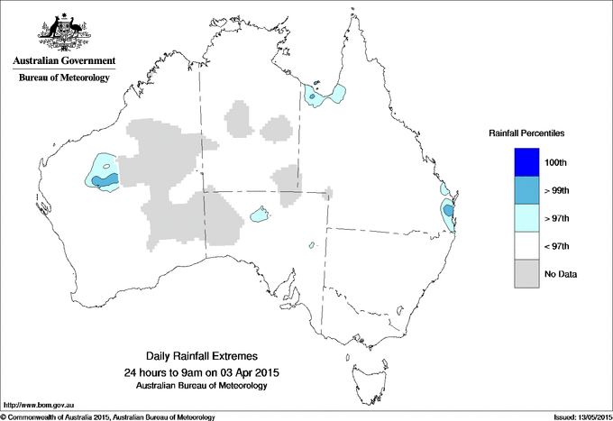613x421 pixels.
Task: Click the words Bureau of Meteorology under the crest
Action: tap(64, 78)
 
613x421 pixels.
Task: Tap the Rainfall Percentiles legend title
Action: tap(526, 133)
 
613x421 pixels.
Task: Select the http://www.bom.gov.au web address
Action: tap(35, 407)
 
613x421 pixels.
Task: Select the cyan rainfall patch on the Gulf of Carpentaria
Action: tap(324, 94)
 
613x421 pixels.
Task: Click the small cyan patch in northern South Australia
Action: tap(261, 215)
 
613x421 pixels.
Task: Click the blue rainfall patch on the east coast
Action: tap(449, 213)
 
